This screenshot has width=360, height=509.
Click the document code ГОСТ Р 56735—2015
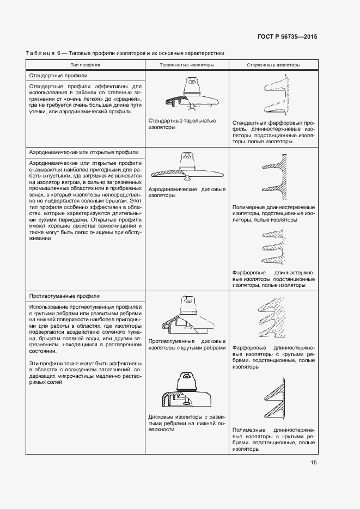(286, 36)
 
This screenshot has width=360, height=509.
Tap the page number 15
(314, 462)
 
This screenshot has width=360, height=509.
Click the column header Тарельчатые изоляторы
(186, 65)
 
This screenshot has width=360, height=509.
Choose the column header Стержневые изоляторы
(273, 65)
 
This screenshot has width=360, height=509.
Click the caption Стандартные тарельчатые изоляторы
(182, 124)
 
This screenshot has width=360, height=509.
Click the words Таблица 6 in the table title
(41, 53)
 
